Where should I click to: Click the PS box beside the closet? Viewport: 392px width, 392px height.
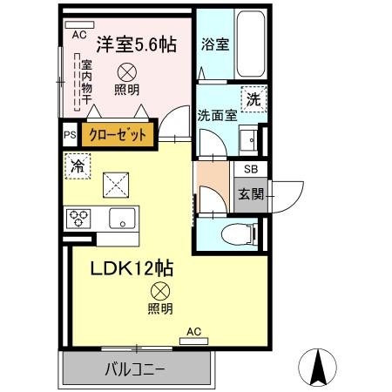click(70, 135)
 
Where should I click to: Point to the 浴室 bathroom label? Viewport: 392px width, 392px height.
click(214, 44)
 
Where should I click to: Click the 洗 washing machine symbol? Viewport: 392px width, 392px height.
click(253, 98)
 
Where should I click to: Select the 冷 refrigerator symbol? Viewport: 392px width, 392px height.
click(77, 165)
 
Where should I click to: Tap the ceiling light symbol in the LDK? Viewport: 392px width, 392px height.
click(159, 292)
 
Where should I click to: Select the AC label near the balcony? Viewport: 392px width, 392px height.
click(195, 331)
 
